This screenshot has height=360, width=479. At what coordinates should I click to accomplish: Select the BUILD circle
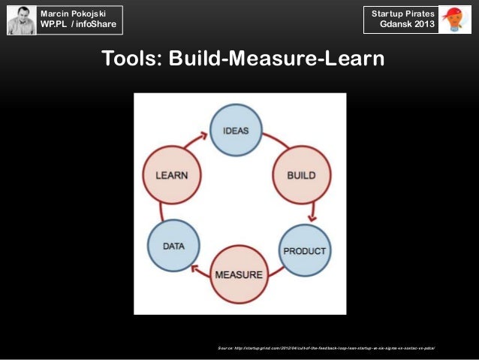(x=300, y=175)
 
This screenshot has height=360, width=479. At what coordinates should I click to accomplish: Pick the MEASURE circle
(x=239, y=274)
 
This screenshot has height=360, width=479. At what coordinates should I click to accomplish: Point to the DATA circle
(x=173, y=245)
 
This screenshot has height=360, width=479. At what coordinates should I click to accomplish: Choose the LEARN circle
(x=171, y=175)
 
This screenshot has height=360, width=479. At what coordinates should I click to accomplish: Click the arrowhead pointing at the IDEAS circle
(x=204, y=136)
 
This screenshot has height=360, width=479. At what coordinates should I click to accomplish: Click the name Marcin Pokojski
(x=74, y=14)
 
